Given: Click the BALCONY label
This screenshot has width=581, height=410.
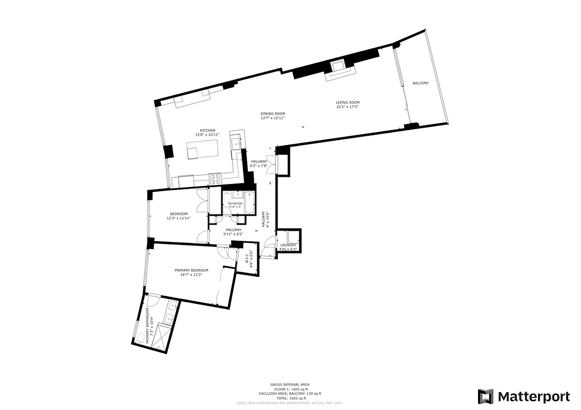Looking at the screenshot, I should [x=420, y=83].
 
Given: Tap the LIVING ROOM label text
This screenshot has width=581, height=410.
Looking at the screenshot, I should [x=347, y=102].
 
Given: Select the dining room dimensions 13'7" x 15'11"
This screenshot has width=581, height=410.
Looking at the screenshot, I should [x=273, y=118].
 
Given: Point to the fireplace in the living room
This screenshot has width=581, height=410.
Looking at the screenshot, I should [x=337, y=67].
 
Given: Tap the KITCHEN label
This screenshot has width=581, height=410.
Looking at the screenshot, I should [x=208, y=130].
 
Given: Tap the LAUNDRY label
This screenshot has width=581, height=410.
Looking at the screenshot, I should [x=288, y=245].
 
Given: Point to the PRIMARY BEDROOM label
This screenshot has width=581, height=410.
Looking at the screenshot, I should [x=192, y=270].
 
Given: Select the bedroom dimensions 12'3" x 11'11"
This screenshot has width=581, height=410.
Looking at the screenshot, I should [x=178, y=218].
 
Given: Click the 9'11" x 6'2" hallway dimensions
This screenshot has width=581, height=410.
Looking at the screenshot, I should [x=233, y=234].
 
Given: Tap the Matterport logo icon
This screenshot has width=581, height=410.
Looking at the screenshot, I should [x=485, y=397].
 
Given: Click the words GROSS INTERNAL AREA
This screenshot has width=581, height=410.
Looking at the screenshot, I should [x=290, y=384].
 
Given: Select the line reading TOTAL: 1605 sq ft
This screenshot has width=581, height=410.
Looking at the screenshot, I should [x=290, y=398].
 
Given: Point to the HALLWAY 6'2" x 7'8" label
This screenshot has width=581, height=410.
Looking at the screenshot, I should [x=259, y=163].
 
